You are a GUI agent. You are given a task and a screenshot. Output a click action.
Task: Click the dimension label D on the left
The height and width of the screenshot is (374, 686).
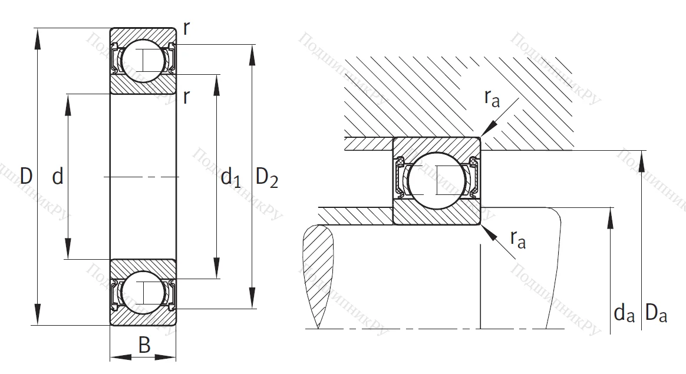point(25,176)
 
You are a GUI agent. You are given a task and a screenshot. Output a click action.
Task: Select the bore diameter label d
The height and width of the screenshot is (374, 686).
point(57,176)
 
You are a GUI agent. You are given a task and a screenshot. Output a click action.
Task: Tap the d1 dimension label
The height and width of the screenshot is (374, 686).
point(230,177)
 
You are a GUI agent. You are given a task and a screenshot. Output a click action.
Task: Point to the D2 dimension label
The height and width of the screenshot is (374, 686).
point(266,177)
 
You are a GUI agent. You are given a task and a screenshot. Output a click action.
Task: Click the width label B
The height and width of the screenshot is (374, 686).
point(144,345)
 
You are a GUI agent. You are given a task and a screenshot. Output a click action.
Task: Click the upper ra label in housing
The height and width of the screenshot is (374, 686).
point(492,98)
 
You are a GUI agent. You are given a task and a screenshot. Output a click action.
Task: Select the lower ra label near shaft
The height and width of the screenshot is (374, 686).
point(517,239)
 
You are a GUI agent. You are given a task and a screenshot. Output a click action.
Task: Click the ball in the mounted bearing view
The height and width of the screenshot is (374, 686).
point(436,180)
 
